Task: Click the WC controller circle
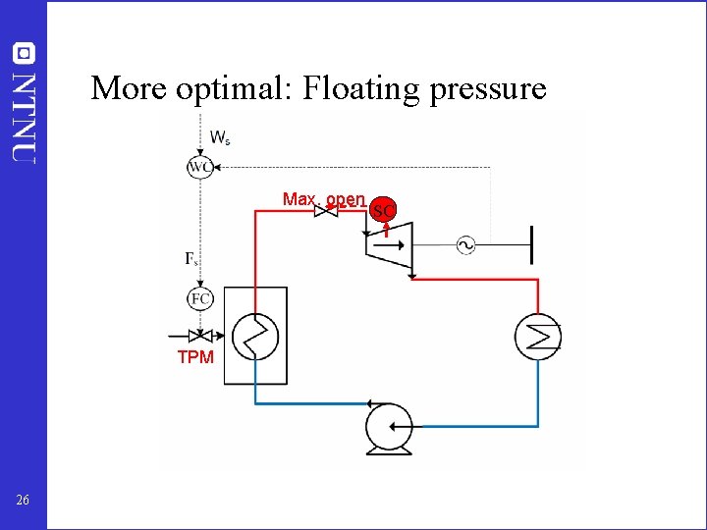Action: click(x=200, y=168)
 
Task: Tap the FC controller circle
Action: click(x=200, y=298)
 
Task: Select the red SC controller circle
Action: click(x=385, y=210)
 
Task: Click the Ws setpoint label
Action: click(x=221, y=136)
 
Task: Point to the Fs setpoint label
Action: click(x=192, y=259)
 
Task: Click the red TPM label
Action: click(x=195, y=357)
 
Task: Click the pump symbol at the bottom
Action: click(x=388, y=428)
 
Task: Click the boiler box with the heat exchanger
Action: click(x=256, y=336)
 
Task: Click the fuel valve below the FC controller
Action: click(x=200, y=335)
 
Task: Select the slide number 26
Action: click(x=23, y=502)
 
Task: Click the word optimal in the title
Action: click(x=238, y=88)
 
